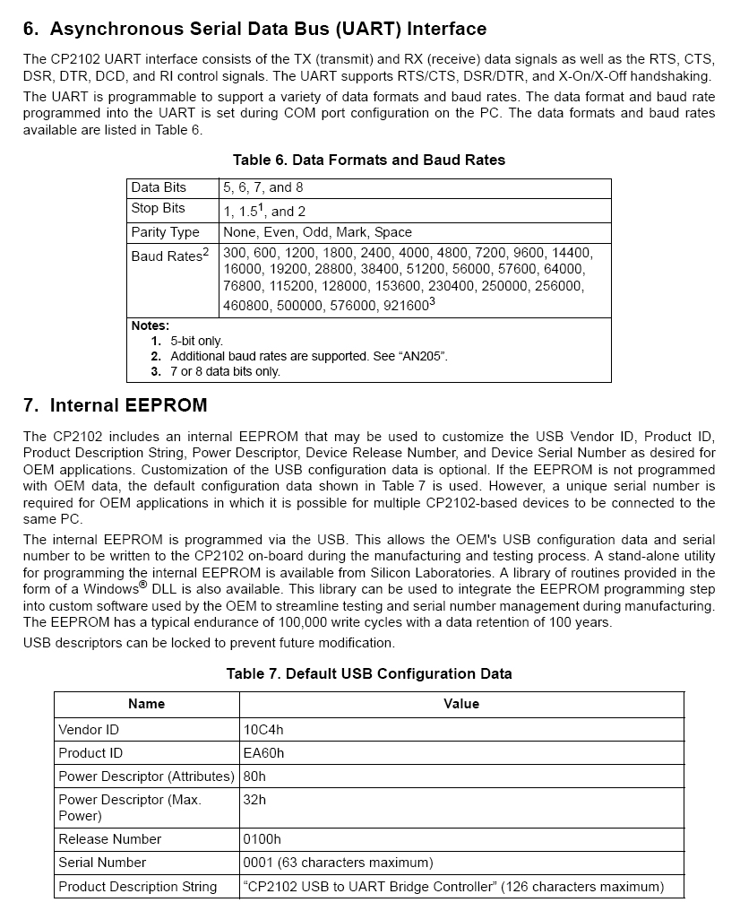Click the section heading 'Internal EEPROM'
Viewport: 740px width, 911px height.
tap(128, 405)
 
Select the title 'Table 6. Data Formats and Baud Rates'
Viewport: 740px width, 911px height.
tap(368, 160)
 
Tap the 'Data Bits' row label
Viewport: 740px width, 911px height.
tap(159, 187)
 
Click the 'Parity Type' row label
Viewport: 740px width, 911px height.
tap(165, 232)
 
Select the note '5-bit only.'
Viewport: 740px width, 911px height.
tap(196, 341)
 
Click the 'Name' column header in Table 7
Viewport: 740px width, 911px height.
tap(146, 704)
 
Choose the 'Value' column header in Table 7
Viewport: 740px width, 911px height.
tap(461, 704)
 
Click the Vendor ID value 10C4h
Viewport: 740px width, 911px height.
tap(262, 730)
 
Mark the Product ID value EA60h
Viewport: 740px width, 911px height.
tap(263, 753)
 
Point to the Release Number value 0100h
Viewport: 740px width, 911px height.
tap(262, 839)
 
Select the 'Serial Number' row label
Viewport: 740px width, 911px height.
tap(102, 863)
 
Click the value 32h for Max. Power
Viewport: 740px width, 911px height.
tap(254, 799)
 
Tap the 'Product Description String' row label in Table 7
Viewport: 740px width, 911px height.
tap(137, 887)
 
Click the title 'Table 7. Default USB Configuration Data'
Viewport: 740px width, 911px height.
tap(368, 673)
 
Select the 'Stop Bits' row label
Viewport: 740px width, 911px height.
tap(158, 208)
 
